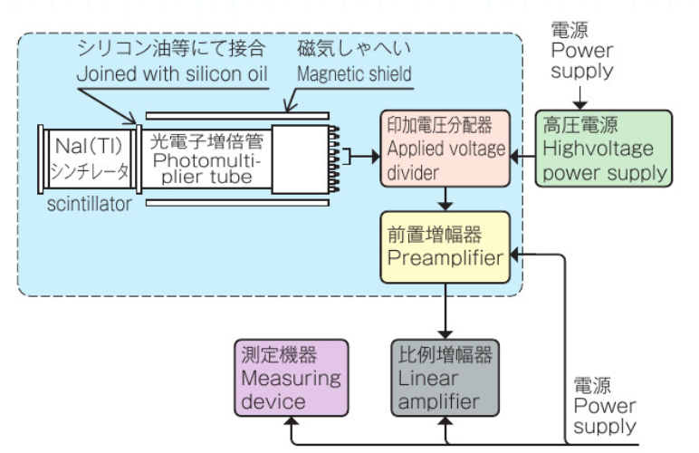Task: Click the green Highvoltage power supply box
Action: click(604, 149)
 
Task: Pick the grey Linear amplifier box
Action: click(445, 377)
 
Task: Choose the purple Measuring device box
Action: click(291, 377)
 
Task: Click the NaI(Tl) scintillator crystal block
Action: click(88, 159)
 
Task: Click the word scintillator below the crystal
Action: click(88, 206)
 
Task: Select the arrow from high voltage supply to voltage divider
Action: click(522, 158)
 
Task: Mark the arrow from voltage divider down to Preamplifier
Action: click(445, 199)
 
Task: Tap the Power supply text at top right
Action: click(582, 60)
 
